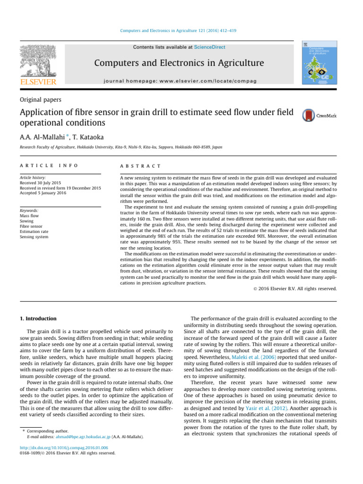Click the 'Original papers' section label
41,100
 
